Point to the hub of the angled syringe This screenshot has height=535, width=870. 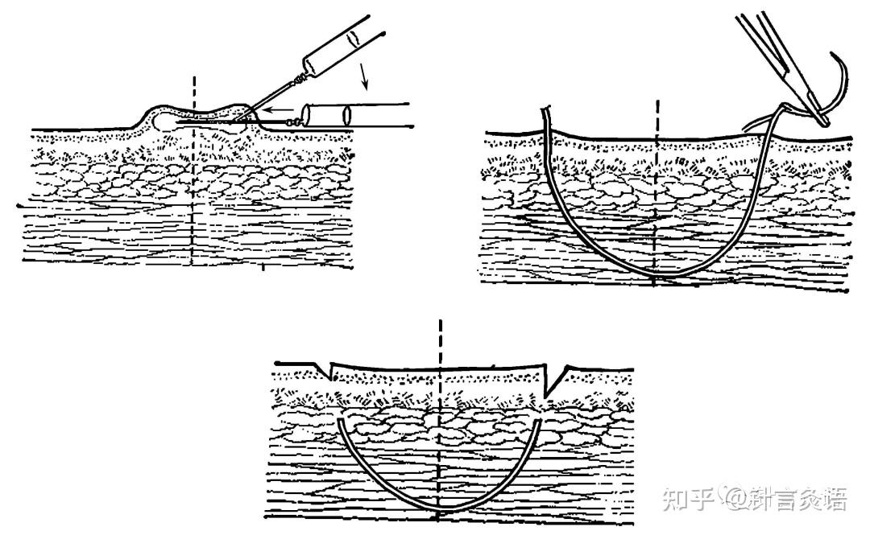pos(301,78)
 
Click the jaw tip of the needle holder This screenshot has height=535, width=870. pos(821,121)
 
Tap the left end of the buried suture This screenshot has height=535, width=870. pos(341,422)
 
